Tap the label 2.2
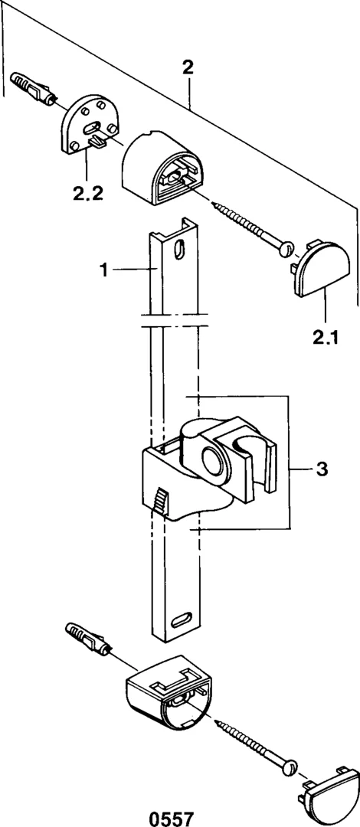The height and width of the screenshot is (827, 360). (x=87, y=194)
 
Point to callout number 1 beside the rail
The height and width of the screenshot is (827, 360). (x=104, y=270)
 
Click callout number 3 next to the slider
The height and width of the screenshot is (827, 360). (x=322, y=469)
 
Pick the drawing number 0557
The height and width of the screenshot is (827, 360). (x=172, y=819)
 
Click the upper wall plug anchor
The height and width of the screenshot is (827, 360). (x=33, y=87)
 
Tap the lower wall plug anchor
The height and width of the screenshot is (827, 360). (x=88, y=638)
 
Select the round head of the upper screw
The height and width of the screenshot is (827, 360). (x=287, y=247)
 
